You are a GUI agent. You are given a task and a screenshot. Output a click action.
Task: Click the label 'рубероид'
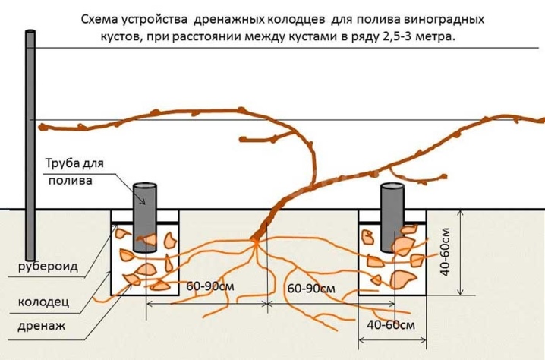(x=48, y=267)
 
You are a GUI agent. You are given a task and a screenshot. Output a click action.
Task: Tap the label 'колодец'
(x=43, y=302)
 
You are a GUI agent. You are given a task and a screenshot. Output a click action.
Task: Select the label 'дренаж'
(x=41, y=326)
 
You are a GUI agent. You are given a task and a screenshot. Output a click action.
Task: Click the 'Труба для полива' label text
(x=74, y=172)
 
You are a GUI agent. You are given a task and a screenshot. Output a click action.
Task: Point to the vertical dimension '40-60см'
(x=446, y=252)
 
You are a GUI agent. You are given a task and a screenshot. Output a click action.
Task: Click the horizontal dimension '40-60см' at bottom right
(x=391, y=325)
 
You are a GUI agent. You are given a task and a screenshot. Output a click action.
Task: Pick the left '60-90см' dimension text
(x=210, y=286)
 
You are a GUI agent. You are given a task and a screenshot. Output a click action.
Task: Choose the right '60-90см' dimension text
(x=311, y=289)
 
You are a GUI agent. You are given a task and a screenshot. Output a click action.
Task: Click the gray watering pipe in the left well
(x=145, y=217)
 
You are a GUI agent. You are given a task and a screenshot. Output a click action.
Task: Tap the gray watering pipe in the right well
(x=392, y=218)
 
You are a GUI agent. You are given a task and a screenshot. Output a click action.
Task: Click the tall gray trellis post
(x=30, y=145)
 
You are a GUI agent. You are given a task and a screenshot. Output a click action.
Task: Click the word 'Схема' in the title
(x=99, y=20)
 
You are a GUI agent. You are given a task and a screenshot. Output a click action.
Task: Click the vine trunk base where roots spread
(x=256, y=239)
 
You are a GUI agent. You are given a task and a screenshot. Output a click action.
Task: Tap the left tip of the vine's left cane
(x=41, y=128)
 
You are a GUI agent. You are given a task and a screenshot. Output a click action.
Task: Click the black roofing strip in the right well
(x=392, y=223)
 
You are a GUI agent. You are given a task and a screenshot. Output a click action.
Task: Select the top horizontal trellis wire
(x=287, y=48)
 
